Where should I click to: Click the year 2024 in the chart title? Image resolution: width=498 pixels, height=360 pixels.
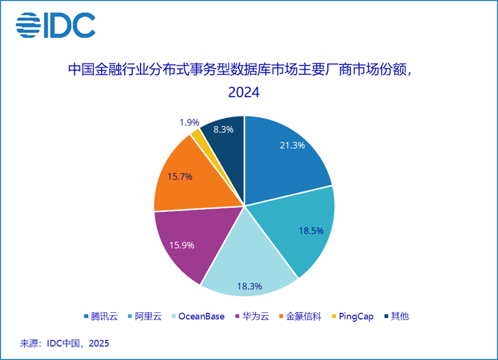(x=244, y=93)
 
